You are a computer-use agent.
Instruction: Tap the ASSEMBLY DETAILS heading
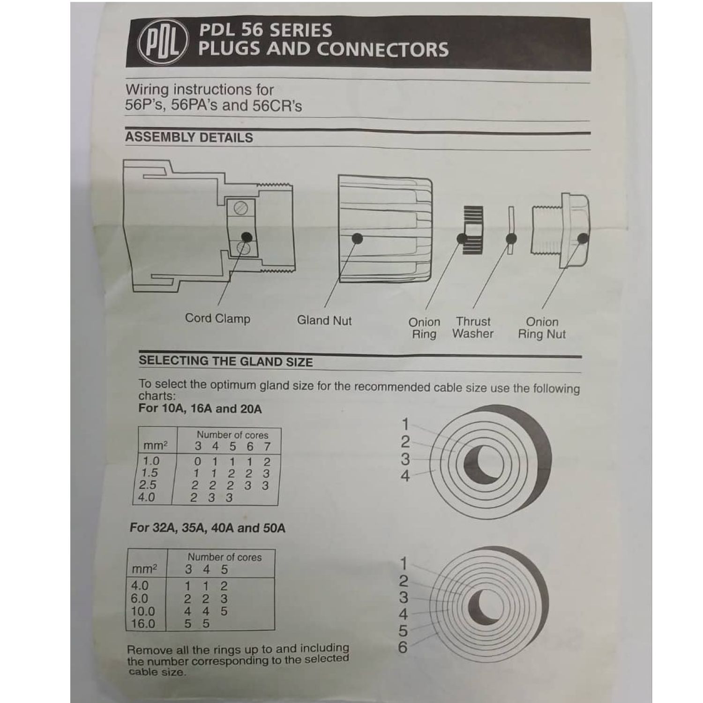[189, 137]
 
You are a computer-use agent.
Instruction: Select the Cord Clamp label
[217, 319]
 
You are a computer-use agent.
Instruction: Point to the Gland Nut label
[324, 321]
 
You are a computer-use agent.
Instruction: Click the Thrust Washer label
[473, 328]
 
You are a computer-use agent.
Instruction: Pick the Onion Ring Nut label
[542, 328]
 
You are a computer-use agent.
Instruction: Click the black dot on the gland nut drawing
[357, 239]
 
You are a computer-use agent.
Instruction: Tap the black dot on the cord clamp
[247, 238]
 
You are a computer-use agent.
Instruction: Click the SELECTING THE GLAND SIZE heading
[225, 361]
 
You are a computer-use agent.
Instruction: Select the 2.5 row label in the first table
[148, 485]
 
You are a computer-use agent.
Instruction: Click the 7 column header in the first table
[267, 447]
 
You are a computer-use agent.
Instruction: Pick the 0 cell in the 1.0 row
[197, 462]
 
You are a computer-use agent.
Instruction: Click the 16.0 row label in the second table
[143, 624]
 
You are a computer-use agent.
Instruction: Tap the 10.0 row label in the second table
[143, 611]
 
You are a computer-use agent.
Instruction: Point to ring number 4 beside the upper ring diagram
[405, 476]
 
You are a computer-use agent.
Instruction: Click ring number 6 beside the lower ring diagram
[403, 648]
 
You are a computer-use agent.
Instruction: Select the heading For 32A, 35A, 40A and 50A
[207, 528]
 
